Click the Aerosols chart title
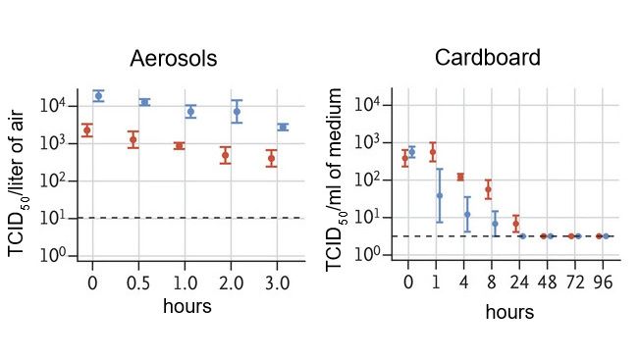tap(174, 60)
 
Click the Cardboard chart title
tap(488, 58)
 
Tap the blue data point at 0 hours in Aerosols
tap(98, 95)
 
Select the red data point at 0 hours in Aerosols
tap(86, 129)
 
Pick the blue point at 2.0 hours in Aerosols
tap(237, 112)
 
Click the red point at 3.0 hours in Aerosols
tap(271, 158)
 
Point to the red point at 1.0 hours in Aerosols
tap(179, 145)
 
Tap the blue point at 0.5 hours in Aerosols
tap(144, 102)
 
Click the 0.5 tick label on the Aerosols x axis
tap(138, 283)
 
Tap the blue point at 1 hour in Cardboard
tap(440, 195)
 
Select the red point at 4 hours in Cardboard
tap(460, 177)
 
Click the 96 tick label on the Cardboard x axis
tap(606, 283)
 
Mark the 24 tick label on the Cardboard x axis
tap(517, 283)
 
